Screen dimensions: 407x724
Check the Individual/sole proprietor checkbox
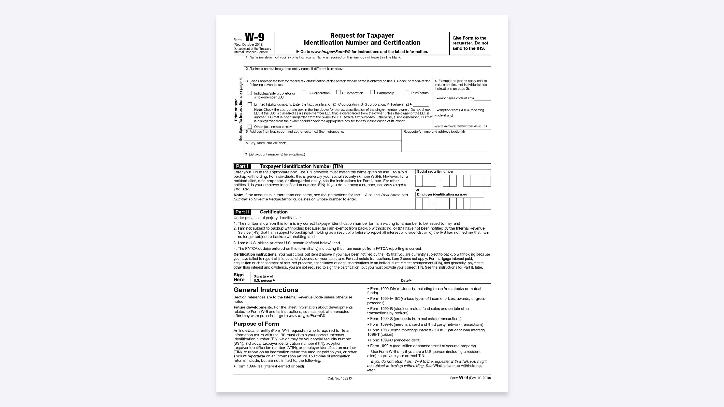coord(250,93)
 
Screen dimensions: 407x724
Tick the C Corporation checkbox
coord(304,92)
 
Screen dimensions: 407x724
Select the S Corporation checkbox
coord(338,92)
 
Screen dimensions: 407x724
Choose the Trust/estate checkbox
coord(407,92)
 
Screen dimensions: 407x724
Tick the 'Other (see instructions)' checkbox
coord(250,127)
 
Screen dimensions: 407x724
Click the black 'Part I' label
coord(242,166)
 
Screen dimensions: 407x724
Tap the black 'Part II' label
coord(242,212)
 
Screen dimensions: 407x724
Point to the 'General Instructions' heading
coord(266,290)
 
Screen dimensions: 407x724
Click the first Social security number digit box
coord(419,181)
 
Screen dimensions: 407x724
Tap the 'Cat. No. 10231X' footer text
coord(340,379)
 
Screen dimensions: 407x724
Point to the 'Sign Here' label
coord(239,277)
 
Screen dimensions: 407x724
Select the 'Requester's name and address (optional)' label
coord(434,132)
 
